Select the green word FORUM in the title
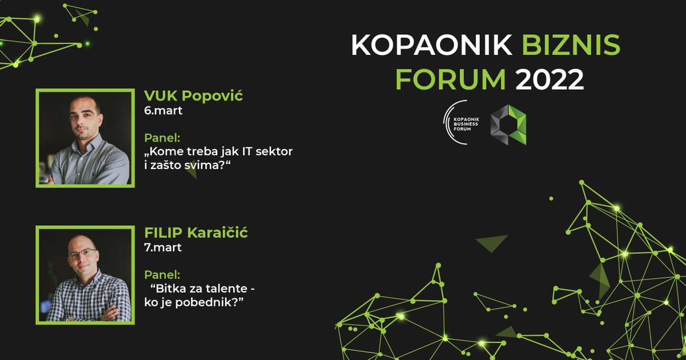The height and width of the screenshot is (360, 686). (450, 80)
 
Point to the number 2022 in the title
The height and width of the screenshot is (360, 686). (549, 80)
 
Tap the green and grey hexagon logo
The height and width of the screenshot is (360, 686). (508, 124)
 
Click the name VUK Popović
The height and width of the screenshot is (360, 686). (193, 95)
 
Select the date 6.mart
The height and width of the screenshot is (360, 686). (163, 110)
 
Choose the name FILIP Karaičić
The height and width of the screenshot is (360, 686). (196, 233)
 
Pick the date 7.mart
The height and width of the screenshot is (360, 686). (163, 247)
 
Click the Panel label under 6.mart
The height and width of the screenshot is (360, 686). (162, 138)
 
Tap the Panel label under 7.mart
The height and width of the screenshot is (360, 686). (162, 274)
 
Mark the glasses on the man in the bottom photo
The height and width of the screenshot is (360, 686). (83, 253)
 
